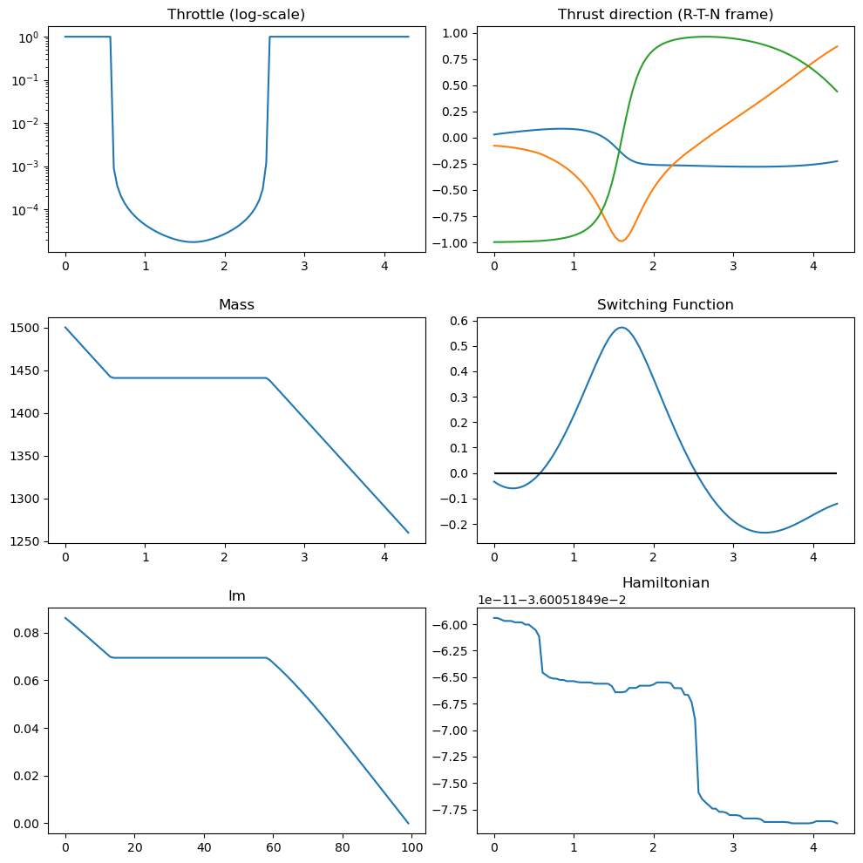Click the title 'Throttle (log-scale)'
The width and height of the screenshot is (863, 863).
(x=236, y=14)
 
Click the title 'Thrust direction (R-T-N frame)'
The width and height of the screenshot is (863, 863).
(x=665, y=14)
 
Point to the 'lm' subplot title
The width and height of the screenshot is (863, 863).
(x=236, y=595)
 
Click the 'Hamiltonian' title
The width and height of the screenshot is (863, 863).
(x=665, y=582)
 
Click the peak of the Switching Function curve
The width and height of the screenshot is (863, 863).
(x=621, y=327)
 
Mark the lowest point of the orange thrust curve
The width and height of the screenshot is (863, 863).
(x=621, y=241)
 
